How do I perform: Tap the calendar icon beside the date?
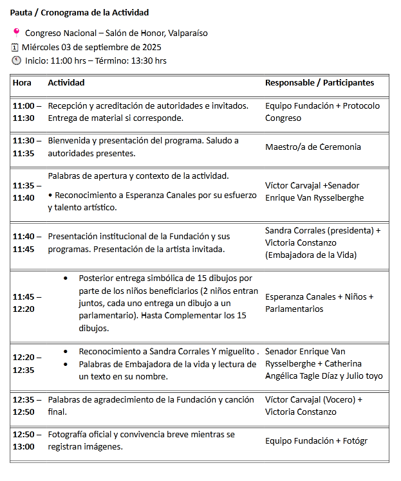click(15, 47)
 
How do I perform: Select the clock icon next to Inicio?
click(16, 60)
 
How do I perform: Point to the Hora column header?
click(22, 82)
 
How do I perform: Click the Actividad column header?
click(66, 82)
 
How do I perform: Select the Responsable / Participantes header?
click(319, 82)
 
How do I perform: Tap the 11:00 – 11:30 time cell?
click(27, 112)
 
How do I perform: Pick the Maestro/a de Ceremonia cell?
click(313, 147)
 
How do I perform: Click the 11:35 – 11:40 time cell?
click(27, 192)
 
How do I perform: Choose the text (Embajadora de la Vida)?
click(311, 255)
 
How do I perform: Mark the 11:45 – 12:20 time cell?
click(27, 303)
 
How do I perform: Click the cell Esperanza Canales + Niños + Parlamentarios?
click(319, 303)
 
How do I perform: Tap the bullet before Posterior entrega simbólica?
click(66, 278)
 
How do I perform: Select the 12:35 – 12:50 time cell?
click(27, 405)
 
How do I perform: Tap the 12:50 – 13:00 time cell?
click(27, 440)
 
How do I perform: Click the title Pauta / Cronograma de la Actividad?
click(80, 12)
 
